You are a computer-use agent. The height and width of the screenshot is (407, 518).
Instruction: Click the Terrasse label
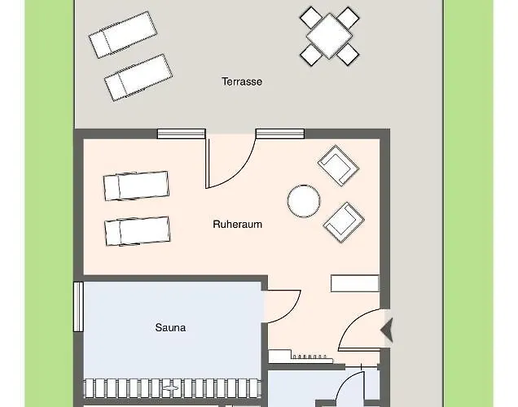(241, 81)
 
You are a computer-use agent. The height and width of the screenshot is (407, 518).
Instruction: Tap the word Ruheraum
(237, 224)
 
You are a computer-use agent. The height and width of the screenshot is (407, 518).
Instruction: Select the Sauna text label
(170, 328)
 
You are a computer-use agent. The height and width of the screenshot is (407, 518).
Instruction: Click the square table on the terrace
(330, 35)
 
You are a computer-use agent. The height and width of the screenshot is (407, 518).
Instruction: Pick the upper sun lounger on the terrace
(122, 34)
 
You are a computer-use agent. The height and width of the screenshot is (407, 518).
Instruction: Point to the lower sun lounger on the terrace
(138, 77)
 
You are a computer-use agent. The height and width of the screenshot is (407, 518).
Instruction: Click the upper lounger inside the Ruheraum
(136, 186)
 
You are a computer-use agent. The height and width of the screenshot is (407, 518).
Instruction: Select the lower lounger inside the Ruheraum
(136, 230)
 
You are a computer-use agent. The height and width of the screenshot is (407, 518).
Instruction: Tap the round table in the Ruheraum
(303, 200)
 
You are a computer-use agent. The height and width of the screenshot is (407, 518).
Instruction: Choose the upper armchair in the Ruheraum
(338, 165)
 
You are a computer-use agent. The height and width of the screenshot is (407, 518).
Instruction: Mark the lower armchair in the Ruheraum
(344, 221)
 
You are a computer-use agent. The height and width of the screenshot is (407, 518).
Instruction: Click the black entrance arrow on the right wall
(387, 329)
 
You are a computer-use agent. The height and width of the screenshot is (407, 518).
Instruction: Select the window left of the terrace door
(181, 133)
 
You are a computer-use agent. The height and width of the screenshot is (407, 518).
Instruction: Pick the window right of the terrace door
(279, 133)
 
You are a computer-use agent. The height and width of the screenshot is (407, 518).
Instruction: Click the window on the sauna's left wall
(78, 308)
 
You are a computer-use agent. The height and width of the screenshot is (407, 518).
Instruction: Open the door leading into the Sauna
(283, 305)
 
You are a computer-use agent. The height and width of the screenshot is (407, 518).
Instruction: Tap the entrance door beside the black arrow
(358, 330)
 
